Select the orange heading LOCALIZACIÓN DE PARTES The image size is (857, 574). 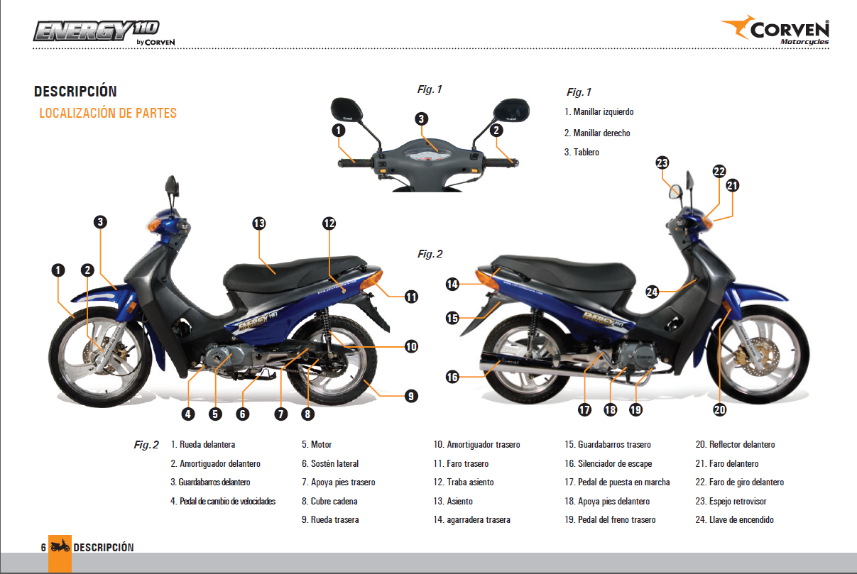pos(108,113)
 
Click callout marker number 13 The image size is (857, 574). pos(259,223)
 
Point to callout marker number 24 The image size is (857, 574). pos(653,291)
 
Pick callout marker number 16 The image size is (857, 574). pos(452,377)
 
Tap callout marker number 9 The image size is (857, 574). pos(411,397)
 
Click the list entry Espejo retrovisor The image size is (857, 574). pos(738,502)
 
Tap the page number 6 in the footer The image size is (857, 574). pos(43,547)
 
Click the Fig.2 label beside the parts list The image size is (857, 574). pos(146,446)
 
